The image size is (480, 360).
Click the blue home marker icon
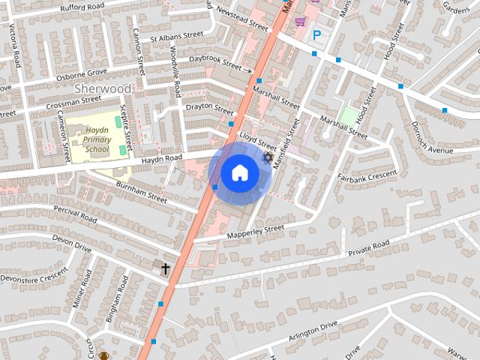[x=239, y=173]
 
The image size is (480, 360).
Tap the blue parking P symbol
[x=316, y=34]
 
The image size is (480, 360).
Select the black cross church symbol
[x=165, y=268]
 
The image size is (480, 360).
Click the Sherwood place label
[x=103, y=88]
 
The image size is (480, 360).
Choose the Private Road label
[x=369, y=248]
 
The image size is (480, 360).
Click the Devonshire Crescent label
[x=28, y=277]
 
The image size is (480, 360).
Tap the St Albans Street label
[x=176, y=35]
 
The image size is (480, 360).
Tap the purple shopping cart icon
[x=300, y=22]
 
